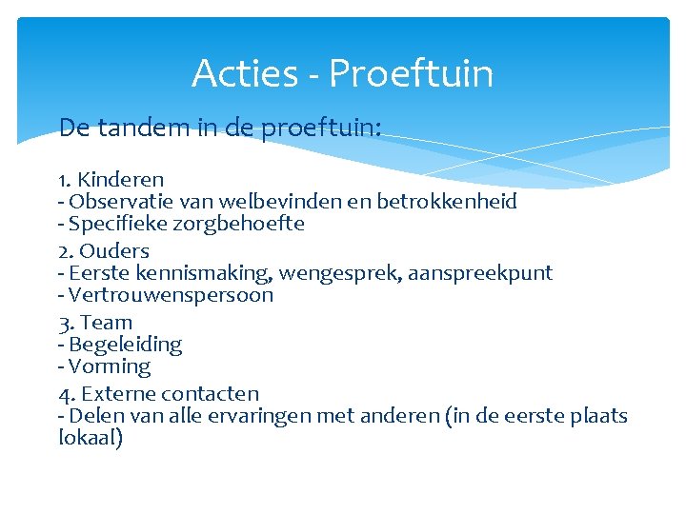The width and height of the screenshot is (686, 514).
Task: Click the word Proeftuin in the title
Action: (412, 74)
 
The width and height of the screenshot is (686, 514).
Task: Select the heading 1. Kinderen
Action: (111, 179)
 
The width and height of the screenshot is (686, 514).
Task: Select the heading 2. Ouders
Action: (104, 251)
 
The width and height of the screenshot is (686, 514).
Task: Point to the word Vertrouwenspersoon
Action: (171, 295)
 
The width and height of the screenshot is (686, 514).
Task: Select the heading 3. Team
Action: (95, 323)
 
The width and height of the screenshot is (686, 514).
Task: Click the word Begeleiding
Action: (125, 345)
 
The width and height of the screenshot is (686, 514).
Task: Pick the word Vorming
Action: (110, 366)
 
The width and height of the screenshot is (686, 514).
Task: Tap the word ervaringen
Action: (300, 417)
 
